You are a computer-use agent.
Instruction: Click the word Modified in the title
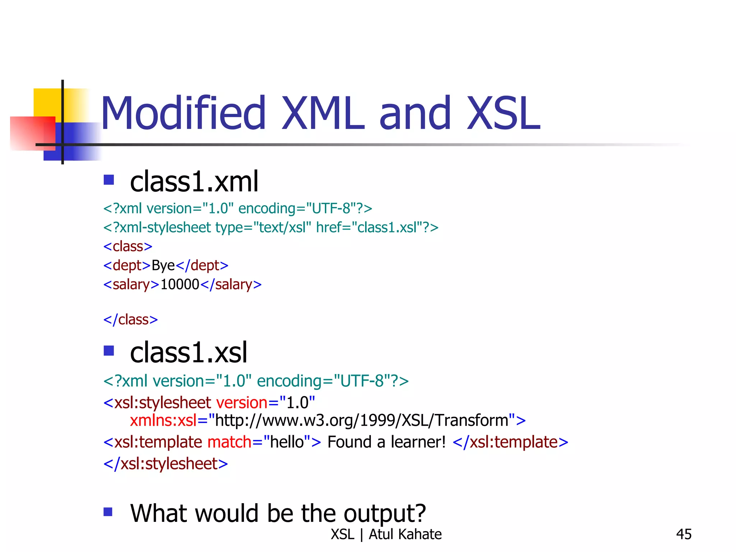183,113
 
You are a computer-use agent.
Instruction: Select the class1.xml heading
194,182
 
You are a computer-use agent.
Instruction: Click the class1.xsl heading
189,353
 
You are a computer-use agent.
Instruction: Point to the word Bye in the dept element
163,266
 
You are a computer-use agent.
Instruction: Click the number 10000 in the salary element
180,285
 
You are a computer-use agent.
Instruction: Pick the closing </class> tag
130,319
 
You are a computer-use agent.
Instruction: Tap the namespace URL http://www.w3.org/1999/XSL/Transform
362,420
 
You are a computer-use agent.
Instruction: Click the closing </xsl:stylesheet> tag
166,464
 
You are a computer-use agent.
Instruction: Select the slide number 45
684,534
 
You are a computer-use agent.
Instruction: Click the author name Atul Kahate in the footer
405,534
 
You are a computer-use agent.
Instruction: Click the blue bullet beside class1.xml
109,180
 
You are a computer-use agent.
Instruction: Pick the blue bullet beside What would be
108,511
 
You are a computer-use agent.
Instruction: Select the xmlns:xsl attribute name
163,420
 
